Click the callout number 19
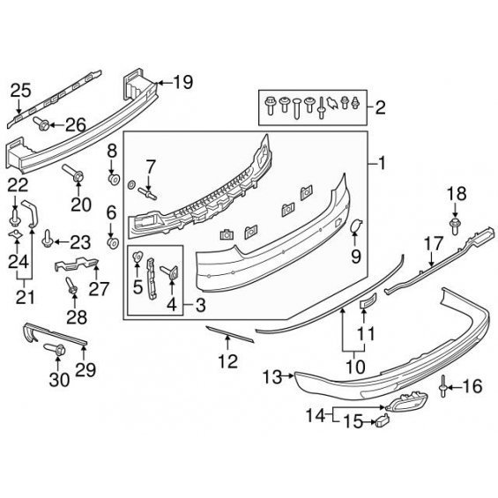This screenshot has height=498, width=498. (x=183, y=82)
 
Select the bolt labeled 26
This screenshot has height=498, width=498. (x=41, y=123)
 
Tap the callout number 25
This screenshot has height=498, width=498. (x=21, y=91)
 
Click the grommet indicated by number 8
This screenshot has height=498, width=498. (x=114, y=180)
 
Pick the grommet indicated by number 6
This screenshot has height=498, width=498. (x=114, y=243)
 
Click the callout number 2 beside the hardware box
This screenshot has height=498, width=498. (x=380, y=108)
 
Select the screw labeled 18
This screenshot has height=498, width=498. (x=455, y=227)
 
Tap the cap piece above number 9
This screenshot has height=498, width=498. (x=356, y=226)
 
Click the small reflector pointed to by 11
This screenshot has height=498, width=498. (x=368, y=301)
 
